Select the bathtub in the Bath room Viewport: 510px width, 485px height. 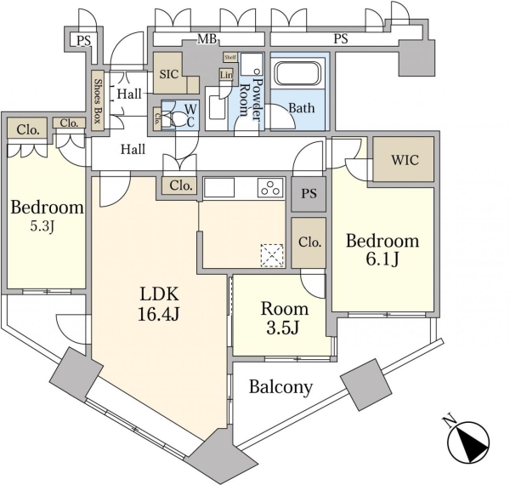(x=297, y=81)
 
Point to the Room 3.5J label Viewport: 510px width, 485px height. (x=283, y=318)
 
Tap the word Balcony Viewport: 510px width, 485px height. (x=280, y=387)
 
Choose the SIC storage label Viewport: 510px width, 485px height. (x=169, y=74)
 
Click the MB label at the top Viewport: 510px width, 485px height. (x=207, y=38)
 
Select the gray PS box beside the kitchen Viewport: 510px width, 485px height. (x=309, y=194)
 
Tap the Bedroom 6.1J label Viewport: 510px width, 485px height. (x=382, y=250)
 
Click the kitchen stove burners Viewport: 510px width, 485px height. (x=270, y=188)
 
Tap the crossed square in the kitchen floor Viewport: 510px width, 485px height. (x=272, y=254)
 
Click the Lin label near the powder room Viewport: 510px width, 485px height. (x=225, y=74)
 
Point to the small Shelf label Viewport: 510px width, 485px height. (x=229, y=57)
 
